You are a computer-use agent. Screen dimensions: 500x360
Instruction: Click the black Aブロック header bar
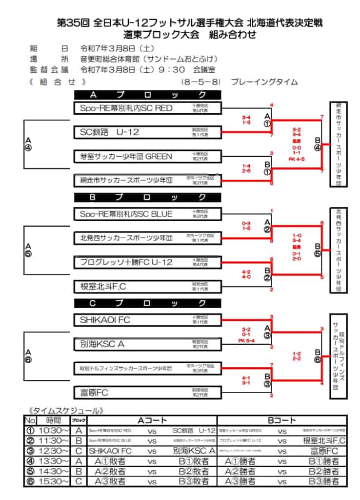point(148,95)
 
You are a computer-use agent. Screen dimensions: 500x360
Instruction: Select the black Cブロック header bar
point(148,303)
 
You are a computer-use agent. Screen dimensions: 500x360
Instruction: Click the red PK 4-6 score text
point(296,159)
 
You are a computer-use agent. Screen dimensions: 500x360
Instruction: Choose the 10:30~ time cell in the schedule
point(54,431)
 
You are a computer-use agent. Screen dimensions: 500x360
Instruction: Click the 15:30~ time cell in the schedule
point(54,481)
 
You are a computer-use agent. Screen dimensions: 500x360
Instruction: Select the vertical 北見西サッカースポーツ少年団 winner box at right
point(338,250)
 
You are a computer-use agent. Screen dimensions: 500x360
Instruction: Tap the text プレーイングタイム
point(264,82)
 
